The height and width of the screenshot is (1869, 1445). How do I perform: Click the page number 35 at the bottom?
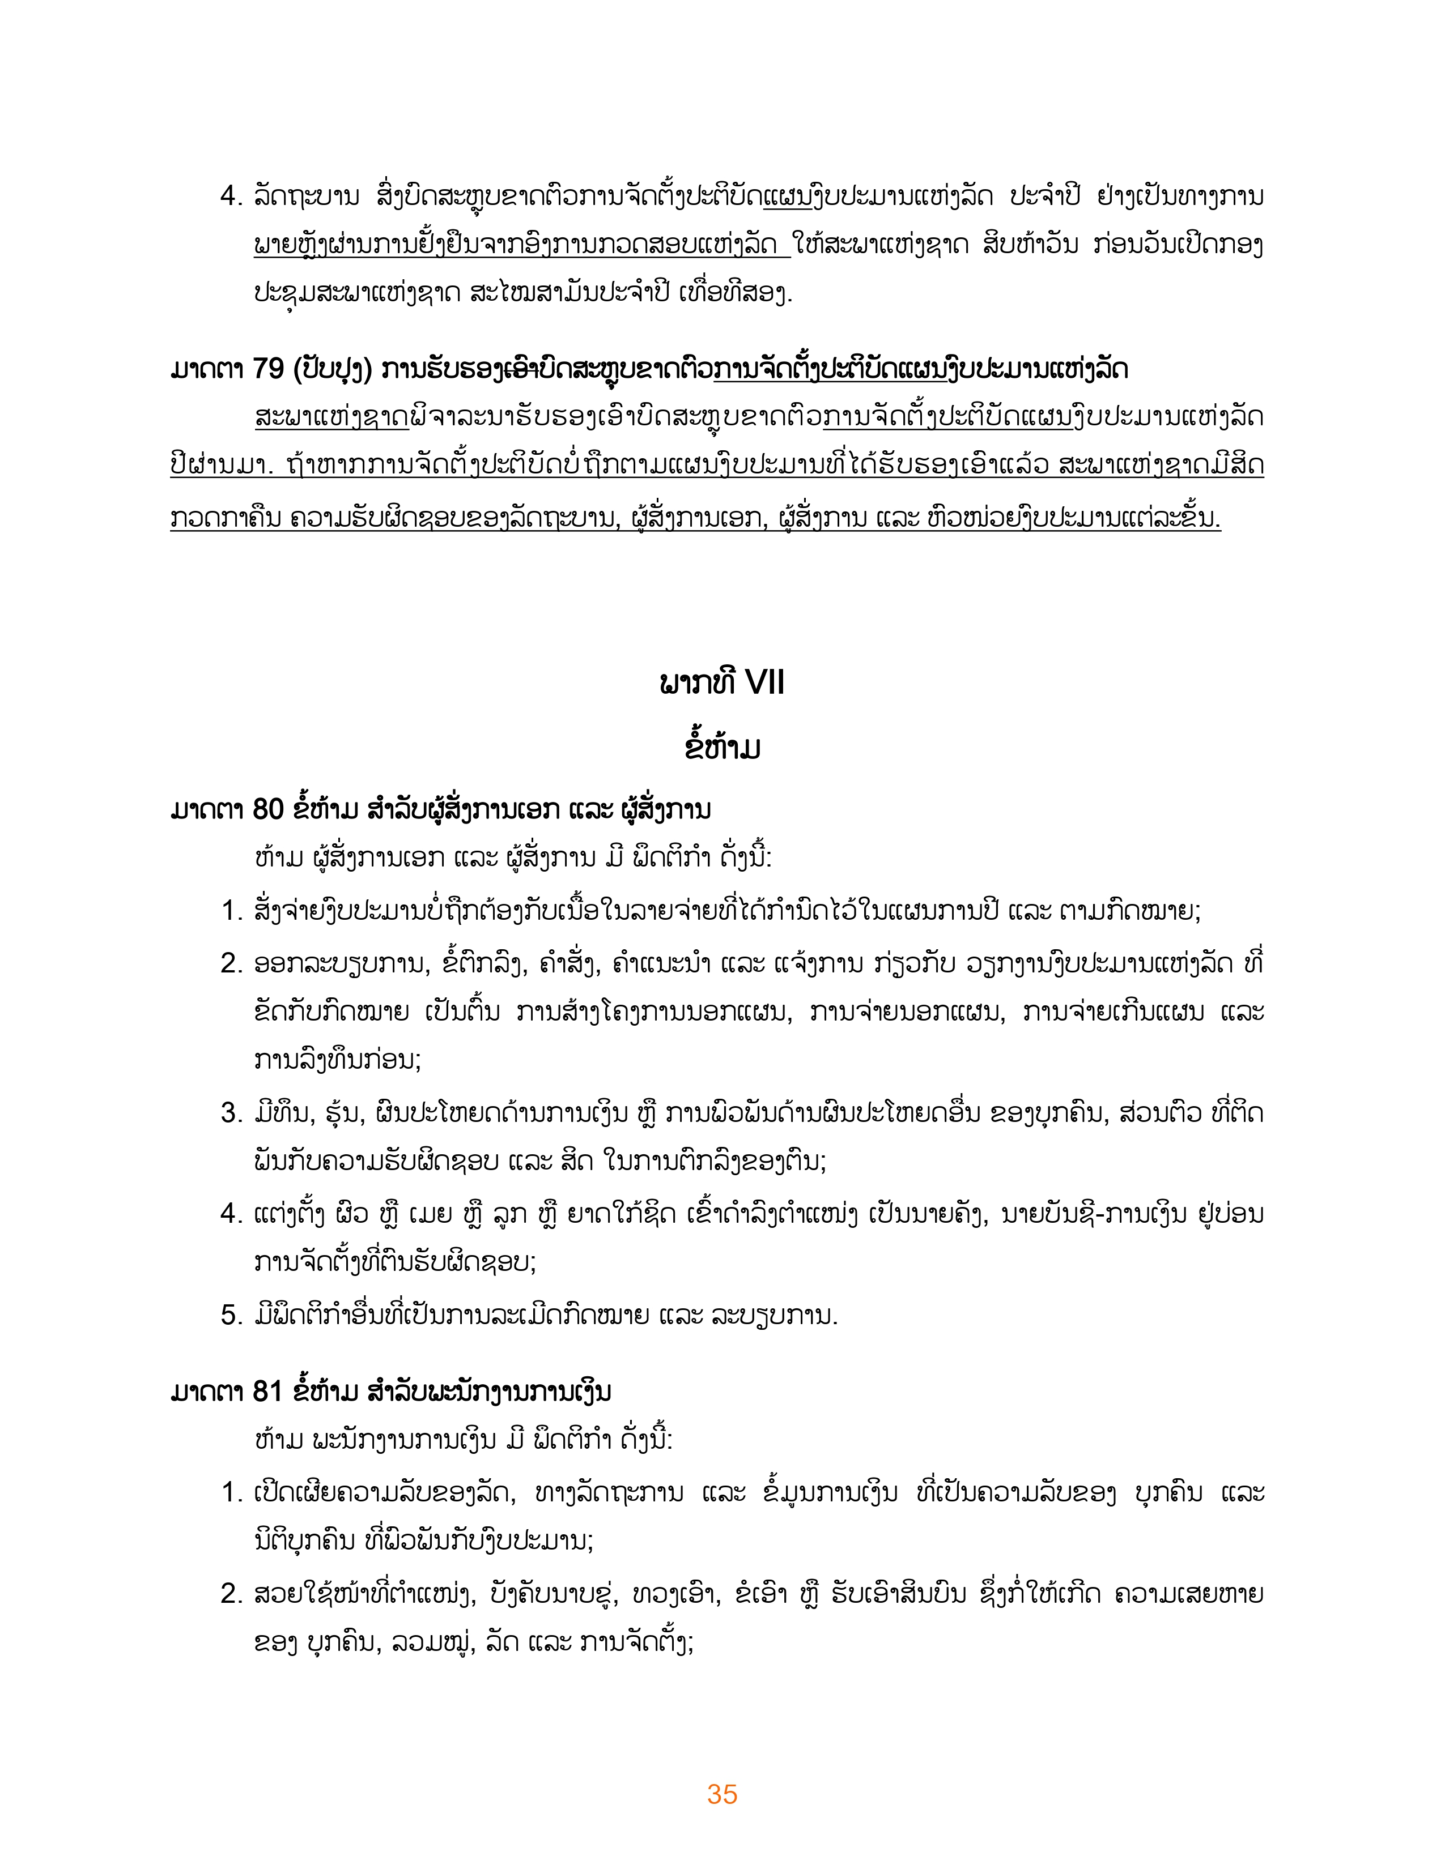[721, 1794]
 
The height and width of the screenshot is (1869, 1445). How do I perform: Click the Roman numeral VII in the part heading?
[764, 683]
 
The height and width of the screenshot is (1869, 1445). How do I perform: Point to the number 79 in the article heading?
[268, 369]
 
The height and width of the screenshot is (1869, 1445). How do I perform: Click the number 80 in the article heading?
[268, 809]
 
